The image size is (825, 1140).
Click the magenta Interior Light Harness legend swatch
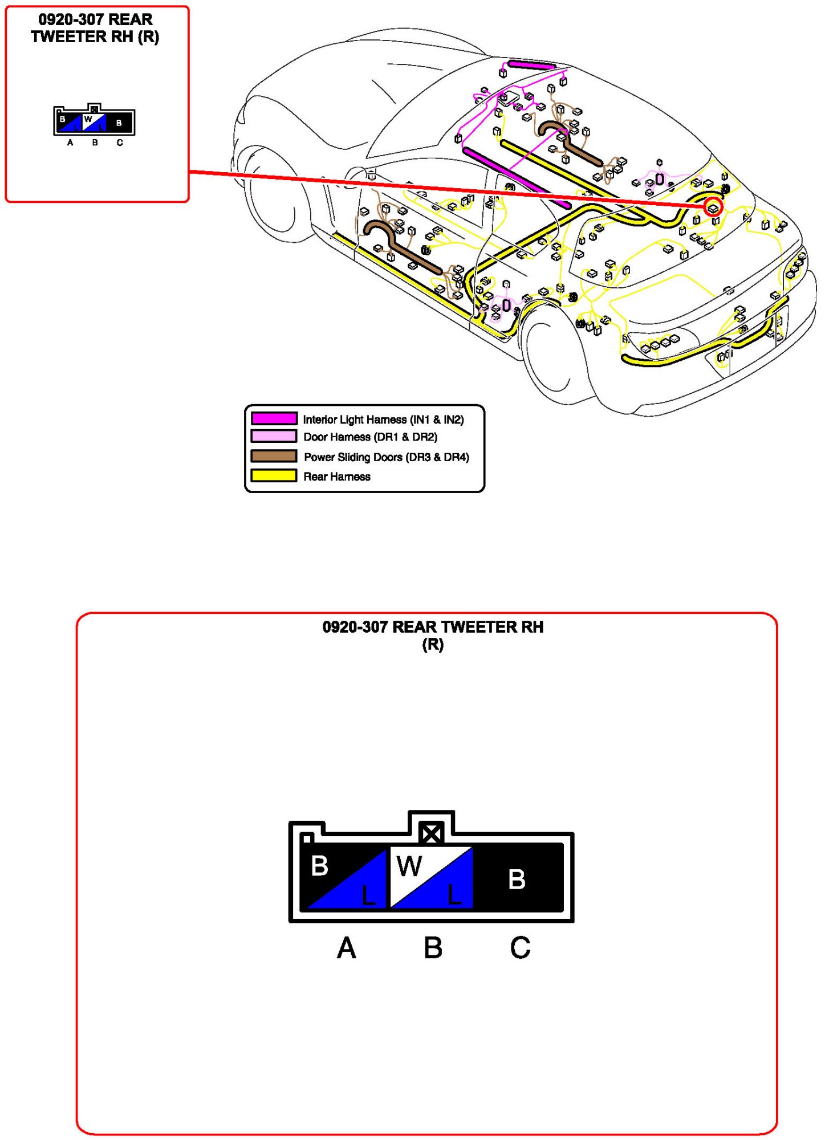274,418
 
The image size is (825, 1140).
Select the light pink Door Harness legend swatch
274,437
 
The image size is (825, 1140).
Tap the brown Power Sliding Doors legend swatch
274,456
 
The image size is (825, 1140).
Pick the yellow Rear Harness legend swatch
274,476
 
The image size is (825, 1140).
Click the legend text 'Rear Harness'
336,477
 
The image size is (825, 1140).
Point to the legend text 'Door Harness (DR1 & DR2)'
370,437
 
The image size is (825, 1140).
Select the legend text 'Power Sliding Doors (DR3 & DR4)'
386,457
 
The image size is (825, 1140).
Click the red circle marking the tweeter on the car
713,207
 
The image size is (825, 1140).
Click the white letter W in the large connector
409,866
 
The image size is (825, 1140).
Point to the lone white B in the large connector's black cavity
517,880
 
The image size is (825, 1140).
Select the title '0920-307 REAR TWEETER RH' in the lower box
433,627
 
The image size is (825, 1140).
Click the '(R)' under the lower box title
433,645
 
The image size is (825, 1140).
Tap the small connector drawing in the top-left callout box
94,121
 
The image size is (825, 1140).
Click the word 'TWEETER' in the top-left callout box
67,37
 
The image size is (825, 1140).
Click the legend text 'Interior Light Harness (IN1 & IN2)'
383,420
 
